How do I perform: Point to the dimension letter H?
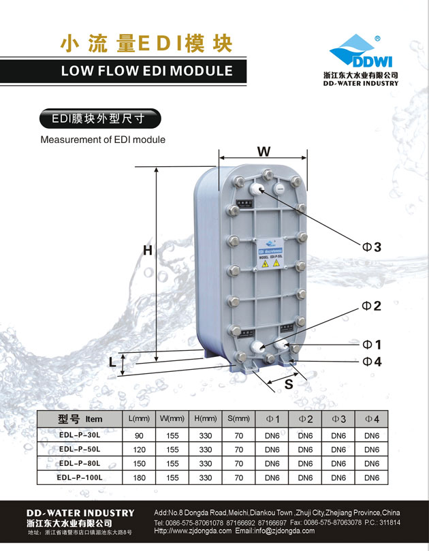[147, 251]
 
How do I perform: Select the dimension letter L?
[112, 362]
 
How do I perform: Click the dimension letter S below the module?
[288, 384]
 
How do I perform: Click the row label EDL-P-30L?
[80, 435]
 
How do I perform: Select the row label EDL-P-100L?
[80, 478]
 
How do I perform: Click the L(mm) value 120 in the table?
[139, 450]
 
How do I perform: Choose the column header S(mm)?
[238, 418]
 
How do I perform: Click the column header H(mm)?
[206, 418]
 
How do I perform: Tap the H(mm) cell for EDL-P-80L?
[206, 464]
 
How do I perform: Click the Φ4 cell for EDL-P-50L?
[372, 450]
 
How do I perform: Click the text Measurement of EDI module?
[103, 140]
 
